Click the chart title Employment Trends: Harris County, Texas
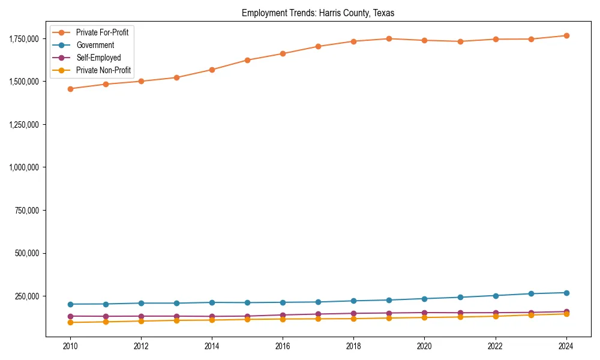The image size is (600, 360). [318, 13]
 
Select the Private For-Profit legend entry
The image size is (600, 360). [102, 32]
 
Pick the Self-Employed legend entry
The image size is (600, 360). [98, 58]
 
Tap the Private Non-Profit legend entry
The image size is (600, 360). [103, 70]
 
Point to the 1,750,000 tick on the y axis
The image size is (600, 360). [24, 39]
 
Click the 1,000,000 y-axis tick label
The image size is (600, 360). [24, 167]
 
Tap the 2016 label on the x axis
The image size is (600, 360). [283, 346]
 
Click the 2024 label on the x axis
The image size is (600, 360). [566, 346]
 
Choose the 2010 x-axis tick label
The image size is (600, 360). [70, 346]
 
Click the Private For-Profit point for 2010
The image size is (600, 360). [70, 89]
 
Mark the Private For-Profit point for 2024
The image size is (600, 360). [566, 35]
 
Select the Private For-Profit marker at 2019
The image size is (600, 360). [389, 38]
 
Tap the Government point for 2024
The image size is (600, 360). [566, 293]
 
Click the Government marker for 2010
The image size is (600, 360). [70, 304]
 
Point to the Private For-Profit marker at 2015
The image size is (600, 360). [247, 60]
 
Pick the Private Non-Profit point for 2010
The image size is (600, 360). [70, 322]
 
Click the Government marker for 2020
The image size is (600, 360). [424, 298]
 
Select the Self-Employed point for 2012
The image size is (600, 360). [141, 316]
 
